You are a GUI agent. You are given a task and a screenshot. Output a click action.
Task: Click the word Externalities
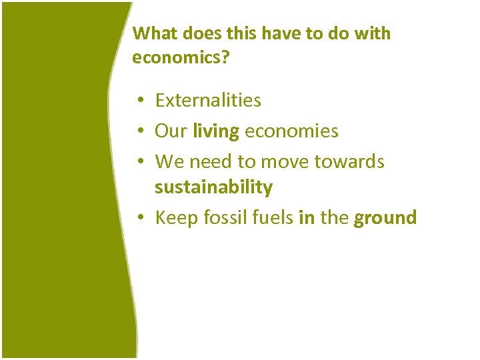208,101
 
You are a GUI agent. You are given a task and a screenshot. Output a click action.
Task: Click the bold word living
215,131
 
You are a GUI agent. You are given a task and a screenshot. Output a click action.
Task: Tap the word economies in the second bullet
292,131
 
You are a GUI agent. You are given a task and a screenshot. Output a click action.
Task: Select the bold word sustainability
213,187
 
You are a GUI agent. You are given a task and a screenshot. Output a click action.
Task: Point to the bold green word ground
385,217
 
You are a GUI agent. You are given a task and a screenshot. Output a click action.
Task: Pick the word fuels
271,217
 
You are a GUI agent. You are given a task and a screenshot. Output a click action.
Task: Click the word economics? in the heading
181,58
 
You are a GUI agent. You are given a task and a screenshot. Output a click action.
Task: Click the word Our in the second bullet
171,131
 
